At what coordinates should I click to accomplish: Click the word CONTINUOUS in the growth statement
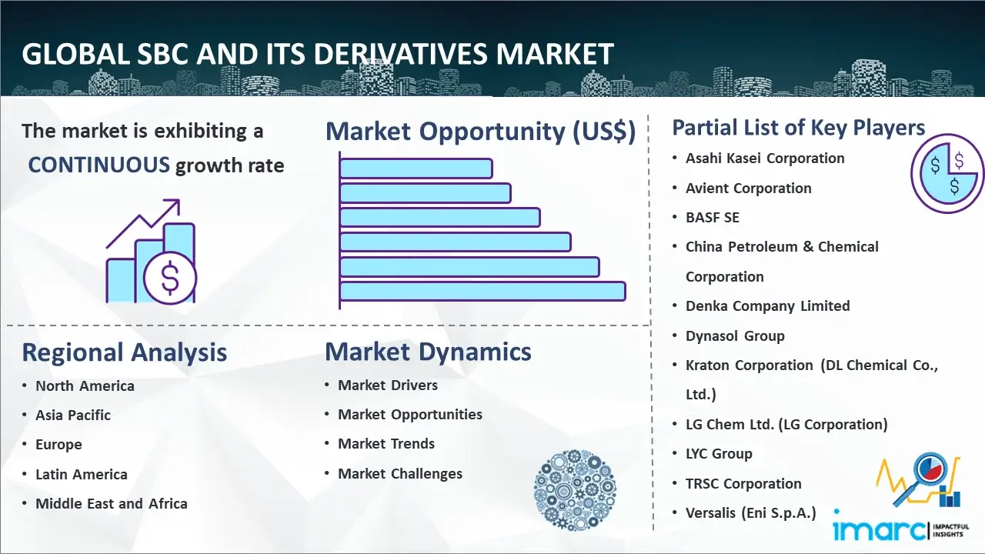point(98,165)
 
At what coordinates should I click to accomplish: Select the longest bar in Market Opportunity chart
point(482,292)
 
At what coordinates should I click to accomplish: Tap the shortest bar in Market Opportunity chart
point(416,168)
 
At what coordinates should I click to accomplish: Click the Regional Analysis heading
point(124,352)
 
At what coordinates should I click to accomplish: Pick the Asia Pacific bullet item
point(73,415)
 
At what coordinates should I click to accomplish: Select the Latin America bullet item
point(82,475)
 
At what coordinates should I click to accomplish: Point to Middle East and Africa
point(112,504)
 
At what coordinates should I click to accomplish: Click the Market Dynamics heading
point(428,352)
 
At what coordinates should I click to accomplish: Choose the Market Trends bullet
point(386,444)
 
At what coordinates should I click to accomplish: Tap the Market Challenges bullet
point(400,474)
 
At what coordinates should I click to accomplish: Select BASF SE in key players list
point(713,218)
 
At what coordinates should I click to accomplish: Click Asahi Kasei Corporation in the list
point(765,159)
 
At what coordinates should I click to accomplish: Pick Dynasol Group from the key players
point(735,336)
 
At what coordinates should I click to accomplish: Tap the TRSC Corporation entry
point(743,484)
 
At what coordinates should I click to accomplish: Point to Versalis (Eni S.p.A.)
point(750,513)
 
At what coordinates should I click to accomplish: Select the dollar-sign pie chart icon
point(947,174)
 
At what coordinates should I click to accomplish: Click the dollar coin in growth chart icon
point(170,279)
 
